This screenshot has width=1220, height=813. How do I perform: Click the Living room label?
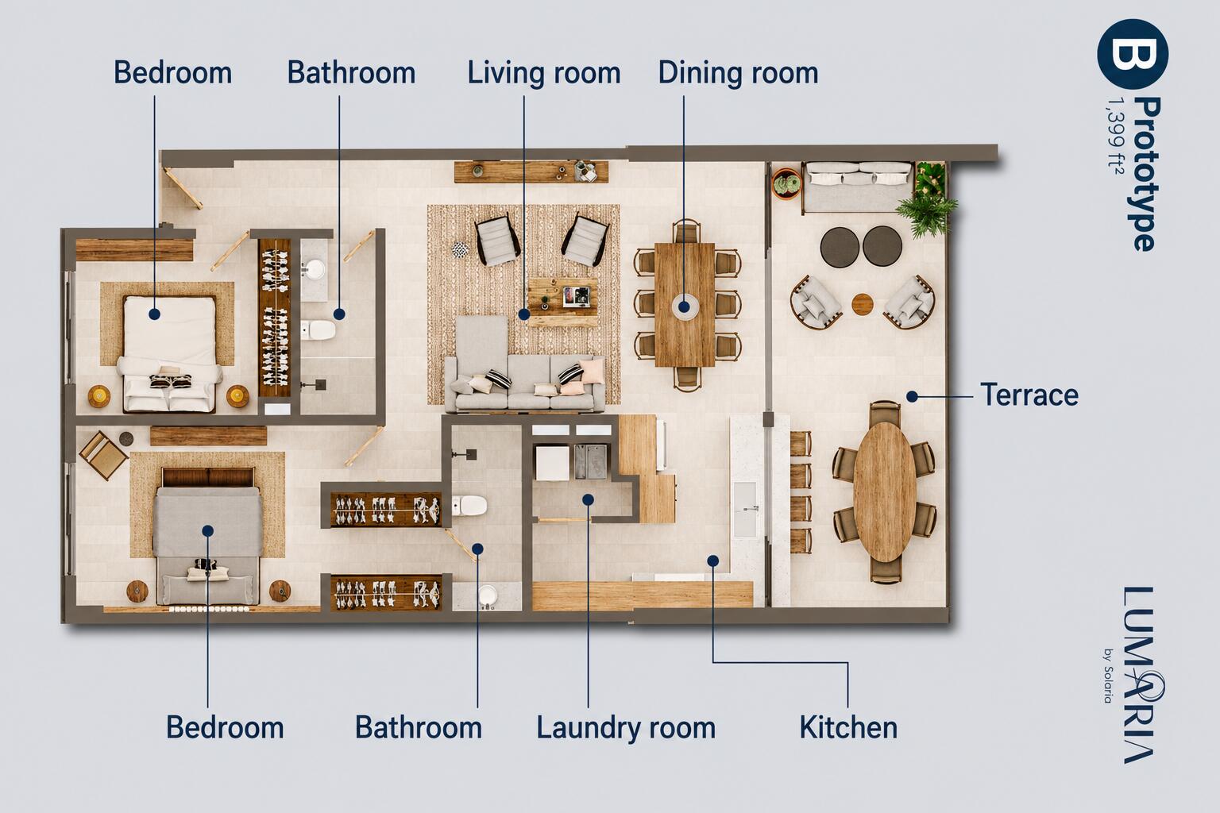coord(543,74)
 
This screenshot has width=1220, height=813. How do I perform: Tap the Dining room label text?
coord(738,73)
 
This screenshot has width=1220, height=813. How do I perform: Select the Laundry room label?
coord(626,727)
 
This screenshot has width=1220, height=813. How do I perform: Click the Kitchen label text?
coord(848,727)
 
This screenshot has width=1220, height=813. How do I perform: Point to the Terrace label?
coord(1029,395)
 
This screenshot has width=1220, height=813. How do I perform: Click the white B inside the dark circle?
coord(1133,55)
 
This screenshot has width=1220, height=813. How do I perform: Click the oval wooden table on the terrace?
coord(885,492)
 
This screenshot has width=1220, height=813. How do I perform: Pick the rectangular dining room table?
coord(685,305)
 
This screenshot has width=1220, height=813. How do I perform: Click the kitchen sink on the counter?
coord(745,509)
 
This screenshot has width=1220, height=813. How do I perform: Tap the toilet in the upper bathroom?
coord(318,330)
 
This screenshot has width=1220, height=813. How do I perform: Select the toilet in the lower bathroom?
coord(469,506)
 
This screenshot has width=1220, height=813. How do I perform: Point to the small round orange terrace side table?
coord(862,304)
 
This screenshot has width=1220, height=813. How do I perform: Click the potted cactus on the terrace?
coord(786,183)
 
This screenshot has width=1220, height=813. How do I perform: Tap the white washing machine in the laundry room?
coord(552,463)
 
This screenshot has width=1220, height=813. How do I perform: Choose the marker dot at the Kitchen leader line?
coord(713,561)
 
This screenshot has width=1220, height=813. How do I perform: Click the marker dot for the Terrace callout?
coord(913,396)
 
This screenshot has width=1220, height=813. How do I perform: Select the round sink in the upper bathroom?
coord(315,268)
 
